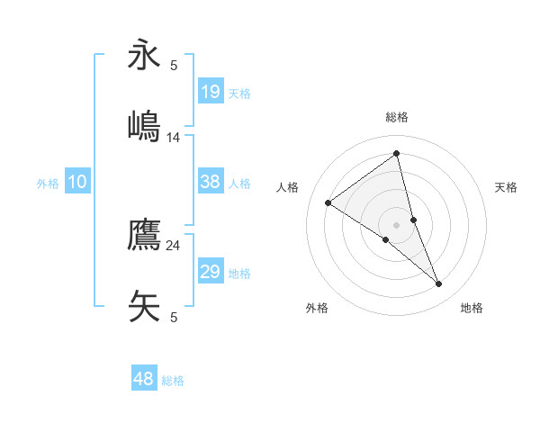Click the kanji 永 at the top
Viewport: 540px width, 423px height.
(x=144, y=55)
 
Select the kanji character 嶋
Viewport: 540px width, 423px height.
(x=144, y=125)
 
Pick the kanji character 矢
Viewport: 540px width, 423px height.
(x=144, y=304)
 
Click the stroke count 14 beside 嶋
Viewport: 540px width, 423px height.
(x=174, y=137)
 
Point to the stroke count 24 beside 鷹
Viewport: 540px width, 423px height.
(x=174, y=245)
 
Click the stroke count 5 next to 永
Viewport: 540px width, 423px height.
(x=174, y=65)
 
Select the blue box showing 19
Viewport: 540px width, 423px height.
(x=211, y=91)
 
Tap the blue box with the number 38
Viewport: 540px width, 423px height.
(x=211, y=182)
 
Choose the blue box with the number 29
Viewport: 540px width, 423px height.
(x=211, y=272)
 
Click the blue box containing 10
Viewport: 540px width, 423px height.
(x=77, y=182)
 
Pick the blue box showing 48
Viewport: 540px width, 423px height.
(x=144, y=379)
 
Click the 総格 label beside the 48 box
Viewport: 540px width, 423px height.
(x=174, y=381)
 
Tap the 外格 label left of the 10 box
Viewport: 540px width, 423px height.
(x=48, y=184)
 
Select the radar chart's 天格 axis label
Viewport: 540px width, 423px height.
(x=507, y=187)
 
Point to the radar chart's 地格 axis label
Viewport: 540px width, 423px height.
(x=472, y=308)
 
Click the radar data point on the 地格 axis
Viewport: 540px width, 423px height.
(x=439, y=283)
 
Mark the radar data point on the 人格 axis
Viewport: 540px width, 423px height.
(x=328, y=202)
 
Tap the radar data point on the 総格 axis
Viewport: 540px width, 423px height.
(x=396, y=154)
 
